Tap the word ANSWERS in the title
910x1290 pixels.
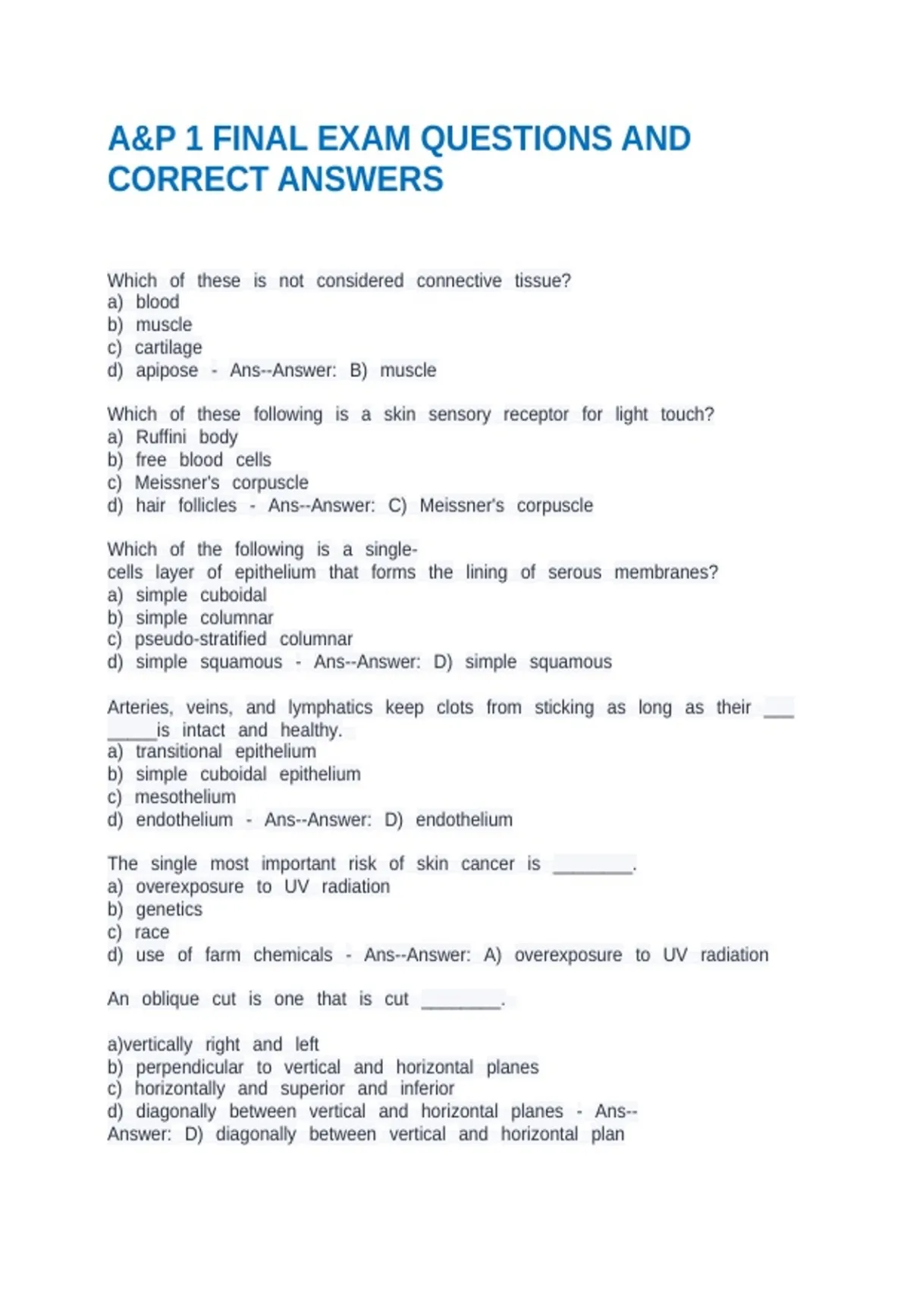[x=360, y=180]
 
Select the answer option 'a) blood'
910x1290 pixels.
[x=143, y=302]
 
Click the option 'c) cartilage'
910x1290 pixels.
[x=155, y=348]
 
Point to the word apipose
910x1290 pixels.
[x=167, y=370]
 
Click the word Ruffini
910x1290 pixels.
[x=161, y=437]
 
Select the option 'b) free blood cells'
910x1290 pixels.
[x=189, y=460]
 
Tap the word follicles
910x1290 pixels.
[x=207, y=505]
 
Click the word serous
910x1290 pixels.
[x=574, y=572]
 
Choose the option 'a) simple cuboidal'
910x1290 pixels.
[x=187, y=595]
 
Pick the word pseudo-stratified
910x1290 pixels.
[x=200, y=639]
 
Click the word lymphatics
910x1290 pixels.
[x=330, y=707]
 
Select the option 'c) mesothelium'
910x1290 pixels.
[x=171, y=797]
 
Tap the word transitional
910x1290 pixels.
[x=179, y=751]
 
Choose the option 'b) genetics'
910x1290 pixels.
[x=155, y=909]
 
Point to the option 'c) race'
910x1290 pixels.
[x=138, y=932]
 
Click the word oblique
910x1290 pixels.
[x=170, y=999]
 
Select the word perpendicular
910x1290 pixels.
[x=190, y=1067]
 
